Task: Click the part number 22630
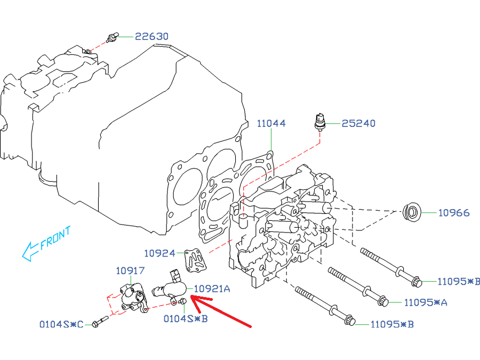click(x=151, y=37)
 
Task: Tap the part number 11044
click(x=271, y=123)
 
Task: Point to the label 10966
click(x=454, y=213)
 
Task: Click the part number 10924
click(x=160, y=252)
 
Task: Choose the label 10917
click(x=130, y=270)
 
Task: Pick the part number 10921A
click(x=212, y=289)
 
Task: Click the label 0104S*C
click(x=61, y=324)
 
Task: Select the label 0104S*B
click(x=185, y=319)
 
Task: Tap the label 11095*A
click(x=425, y=302)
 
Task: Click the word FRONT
click(x=55, y=238)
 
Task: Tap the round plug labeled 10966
click(x=411, y=213)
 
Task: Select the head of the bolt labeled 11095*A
click(x=382, y=302)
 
